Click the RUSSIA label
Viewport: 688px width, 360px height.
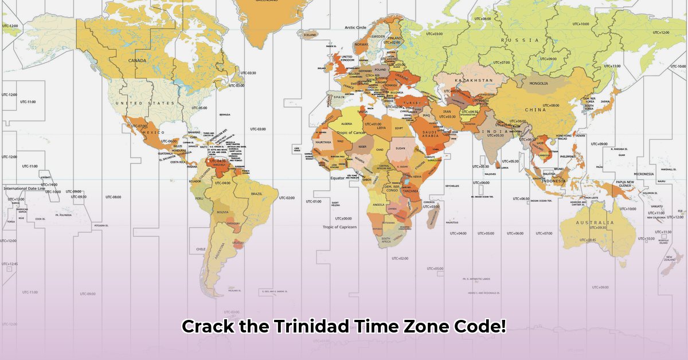click(520, 40)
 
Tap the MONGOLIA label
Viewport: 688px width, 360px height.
click(539, 84)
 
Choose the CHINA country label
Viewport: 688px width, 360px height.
click(535, 110)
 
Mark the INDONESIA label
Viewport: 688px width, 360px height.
click(554, 181)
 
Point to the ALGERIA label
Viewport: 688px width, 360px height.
click(347, 124)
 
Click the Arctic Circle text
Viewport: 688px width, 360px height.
click(355, 28)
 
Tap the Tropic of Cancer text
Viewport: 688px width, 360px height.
click(351, 132)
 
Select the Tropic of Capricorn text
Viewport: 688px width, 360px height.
click(339, 227)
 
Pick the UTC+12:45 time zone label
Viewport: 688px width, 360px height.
click(9, 264)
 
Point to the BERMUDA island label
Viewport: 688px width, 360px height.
click(225, 115)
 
